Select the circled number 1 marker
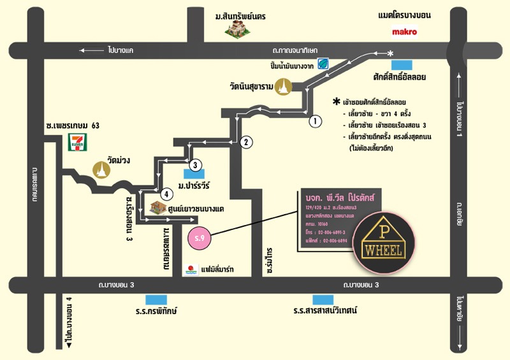point(314,120)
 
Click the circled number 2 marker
point(247,142)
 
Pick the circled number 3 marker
point(196,164)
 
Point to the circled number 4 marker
point(166,193)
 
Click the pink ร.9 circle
point(200,238)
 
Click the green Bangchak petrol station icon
point(323,63)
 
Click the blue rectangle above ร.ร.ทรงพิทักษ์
point(155,299)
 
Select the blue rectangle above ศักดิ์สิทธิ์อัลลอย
point(402,64)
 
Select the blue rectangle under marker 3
point(194,173)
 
